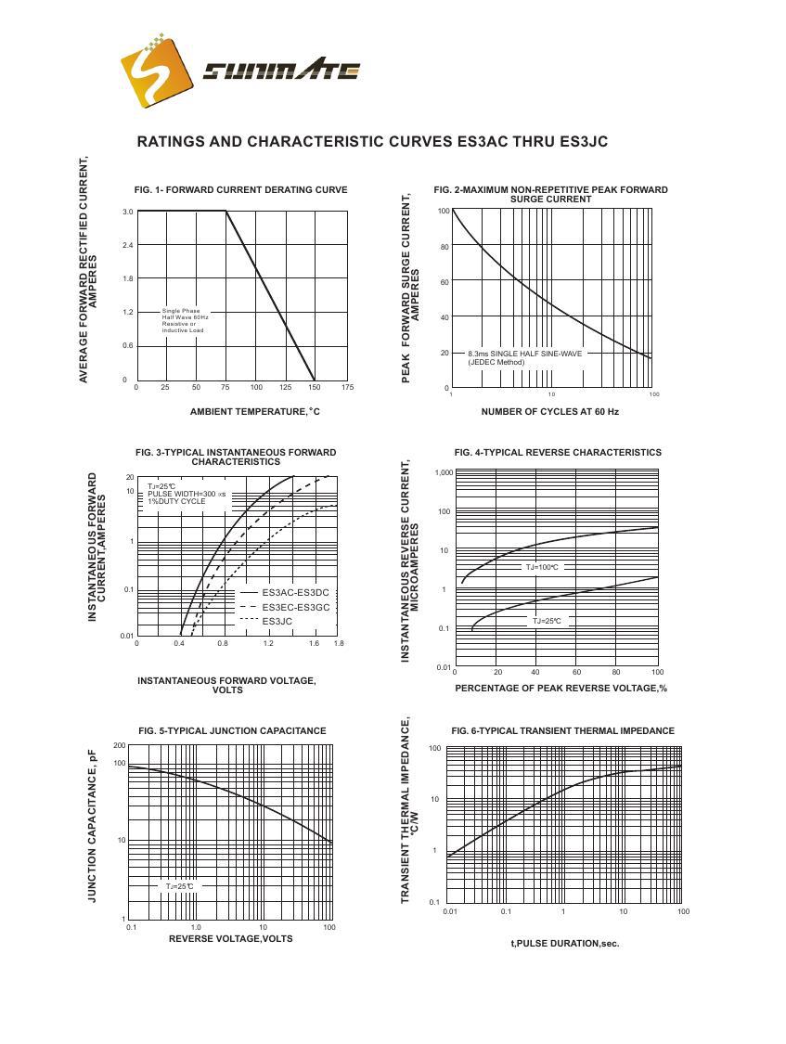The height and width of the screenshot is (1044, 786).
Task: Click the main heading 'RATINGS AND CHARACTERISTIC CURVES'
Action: pos(372,142)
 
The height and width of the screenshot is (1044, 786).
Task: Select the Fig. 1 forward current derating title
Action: pos(240,190)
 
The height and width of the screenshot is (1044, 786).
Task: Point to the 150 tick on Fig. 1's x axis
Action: pos(314,387)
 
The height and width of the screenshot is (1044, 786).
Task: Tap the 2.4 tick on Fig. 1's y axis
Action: pos(127,245)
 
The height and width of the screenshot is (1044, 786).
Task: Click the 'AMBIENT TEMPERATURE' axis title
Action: pos(254,411)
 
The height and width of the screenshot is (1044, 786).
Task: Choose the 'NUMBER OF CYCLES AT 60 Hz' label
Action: pos(549,411)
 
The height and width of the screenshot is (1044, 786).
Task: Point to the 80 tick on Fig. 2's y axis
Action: pos(445,247)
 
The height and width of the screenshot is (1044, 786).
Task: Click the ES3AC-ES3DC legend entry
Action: pos(295,592)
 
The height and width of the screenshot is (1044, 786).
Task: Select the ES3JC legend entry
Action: pos(277,621)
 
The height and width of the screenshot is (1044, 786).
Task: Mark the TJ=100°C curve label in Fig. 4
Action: pos(543,567)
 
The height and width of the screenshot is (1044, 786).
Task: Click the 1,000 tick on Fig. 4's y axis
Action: pos(443,473)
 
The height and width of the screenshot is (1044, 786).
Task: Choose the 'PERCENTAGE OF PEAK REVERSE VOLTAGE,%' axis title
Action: pos(561,689)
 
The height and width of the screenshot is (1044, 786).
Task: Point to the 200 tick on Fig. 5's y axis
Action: pos(120,746)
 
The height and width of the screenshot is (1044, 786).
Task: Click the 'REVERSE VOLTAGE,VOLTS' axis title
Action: pos(230,938)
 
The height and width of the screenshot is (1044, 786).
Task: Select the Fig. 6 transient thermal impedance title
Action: pos(562,731)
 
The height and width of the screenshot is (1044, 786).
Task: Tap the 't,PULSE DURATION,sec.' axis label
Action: pos(564,944)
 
